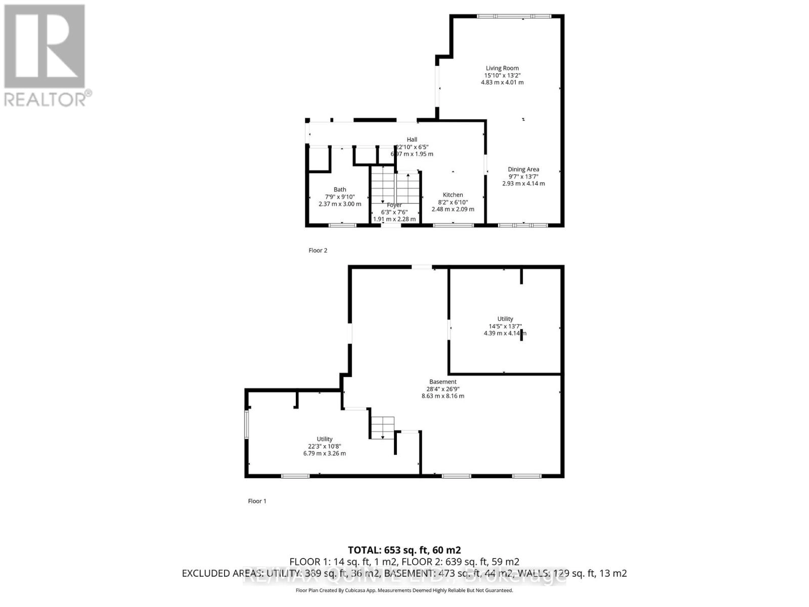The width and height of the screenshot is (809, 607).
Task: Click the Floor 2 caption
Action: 318,250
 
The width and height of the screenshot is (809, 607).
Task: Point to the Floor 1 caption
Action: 257,501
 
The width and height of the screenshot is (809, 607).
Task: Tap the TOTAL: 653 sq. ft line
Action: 404,550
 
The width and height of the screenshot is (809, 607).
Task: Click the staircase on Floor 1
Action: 382,428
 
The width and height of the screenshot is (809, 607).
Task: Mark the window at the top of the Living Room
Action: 514,16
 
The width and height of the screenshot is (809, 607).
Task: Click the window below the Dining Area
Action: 523,225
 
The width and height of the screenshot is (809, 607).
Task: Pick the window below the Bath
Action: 342,225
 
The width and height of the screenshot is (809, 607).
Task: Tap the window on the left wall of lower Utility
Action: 247,424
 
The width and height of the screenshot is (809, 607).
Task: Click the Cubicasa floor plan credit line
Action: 404,590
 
